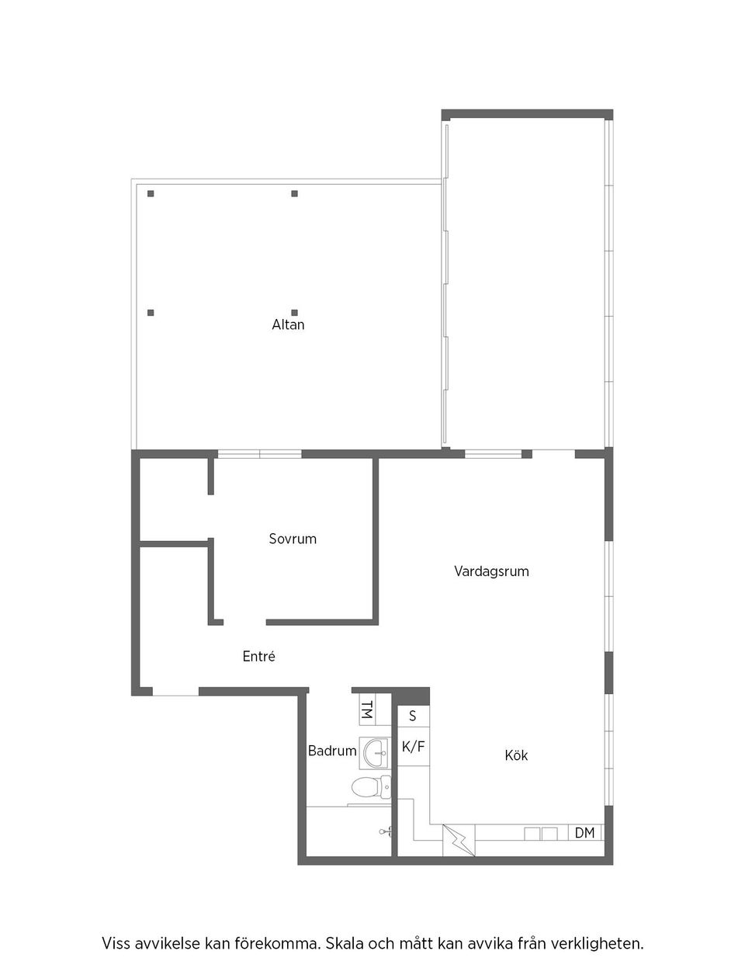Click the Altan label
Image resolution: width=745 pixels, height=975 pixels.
[288, 324]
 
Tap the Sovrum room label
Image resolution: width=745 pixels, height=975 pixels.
[293, 538]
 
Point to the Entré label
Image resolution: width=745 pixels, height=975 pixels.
[258, 657]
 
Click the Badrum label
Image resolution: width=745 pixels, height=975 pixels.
[332, 751]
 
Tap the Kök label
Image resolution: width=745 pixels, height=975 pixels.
[516, 755]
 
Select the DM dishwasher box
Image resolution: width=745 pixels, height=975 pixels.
[585, 833]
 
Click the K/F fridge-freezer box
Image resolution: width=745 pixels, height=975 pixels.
[413, 747]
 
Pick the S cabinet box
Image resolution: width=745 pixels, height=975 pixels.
[413, 716]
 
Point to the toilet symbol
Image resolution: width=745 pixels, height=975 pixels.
[369, 788]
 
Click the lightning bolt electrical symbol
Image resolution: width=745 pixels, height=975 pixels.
[458, 841]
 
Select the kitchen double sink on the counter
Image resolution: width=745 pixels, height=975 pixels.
[541, 834]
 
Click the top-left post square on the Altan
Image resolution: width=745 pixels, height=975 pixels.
[151, 193]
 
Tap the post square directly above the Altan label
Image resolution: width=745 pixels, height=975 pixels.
[294, 312]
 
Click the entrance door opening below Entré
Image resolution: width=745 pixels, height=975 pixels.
[175, 692]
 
